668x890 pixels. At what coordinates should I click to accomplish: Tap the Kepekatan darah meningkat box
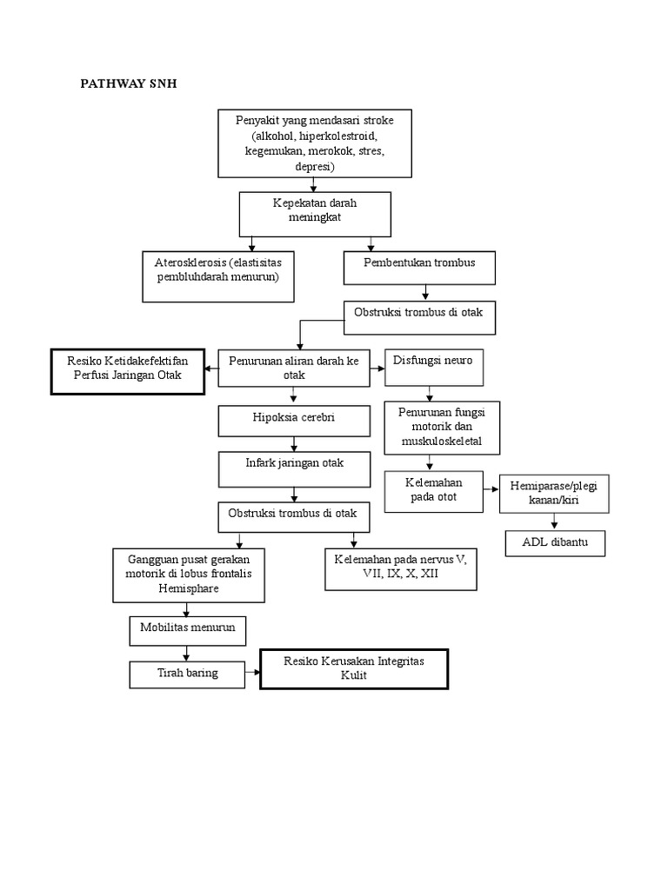(315, 214)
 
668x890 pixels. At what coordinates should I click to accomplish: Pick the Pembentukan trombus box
(420, 268)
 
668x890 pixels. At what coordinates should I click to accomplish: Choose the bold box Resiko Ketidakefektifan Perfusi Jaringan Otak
(128, 370)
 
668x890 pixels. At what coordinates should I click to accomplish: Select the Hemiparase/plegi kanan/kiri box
(554, 494)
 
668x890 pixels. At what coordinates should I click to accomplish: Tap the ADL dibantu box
(555, 543)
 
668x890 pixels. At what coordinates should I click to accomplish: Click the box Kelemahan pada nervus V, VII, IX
(400, 569)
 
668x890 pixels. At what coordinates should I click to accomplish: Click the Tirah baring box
(187, 674)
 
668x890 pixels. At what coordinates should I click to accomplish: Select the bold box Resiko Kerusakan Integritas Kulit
(354, 669)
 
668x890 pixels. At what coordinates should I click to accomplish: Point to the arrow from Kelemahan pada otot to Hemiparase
(491, 489)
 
